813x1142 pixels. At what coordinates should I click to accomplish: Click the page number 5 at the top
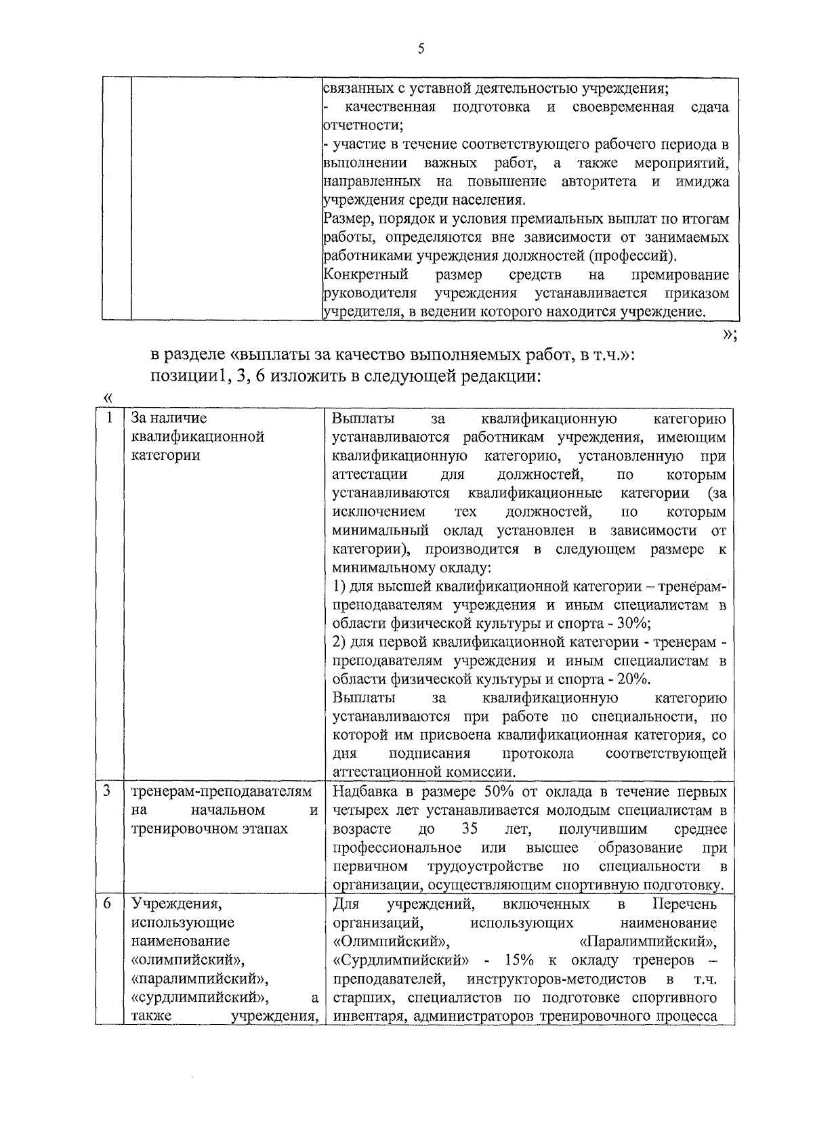click(x=421, y=49)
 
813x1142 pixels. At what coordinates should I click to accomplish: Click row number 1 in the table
click(x=109, y=418)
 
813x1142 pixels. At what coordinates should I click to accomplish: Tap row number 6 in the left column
click(x=108, y=904)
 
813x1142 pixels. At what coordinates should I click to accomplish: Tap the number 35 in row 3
click(x=470, y=829)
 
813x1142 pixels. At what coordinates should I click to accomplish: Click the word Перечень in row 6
click(x=684, y=904)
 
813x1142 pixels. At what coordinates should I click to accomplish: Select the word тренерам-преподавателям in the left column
click(x=222, y=792)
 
